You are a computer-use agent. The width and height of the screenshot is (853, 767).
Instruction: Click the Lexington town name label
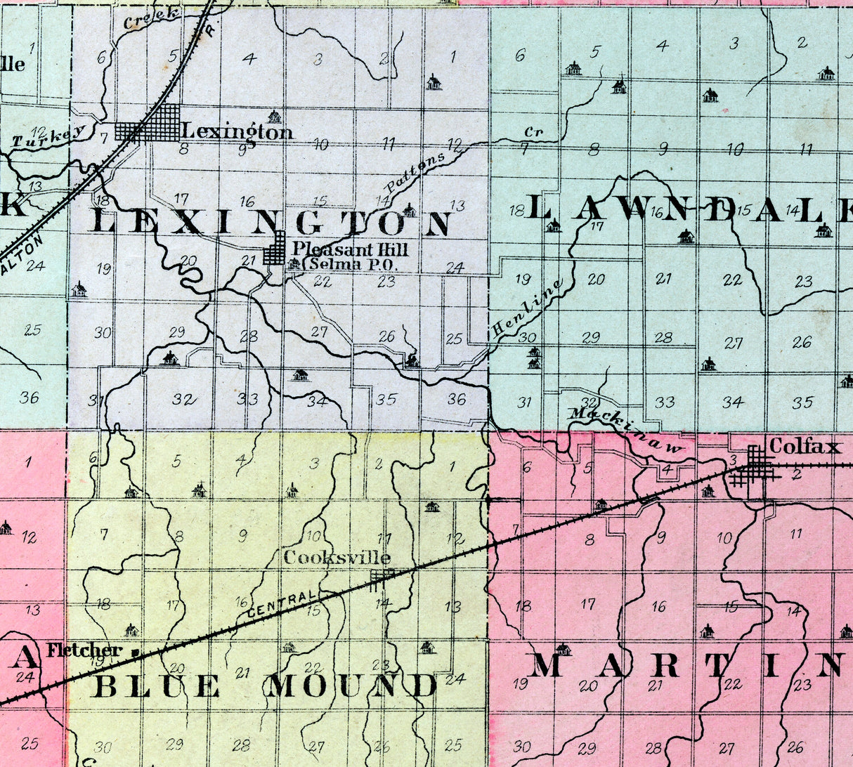pyautogui.click(x=237, y=131)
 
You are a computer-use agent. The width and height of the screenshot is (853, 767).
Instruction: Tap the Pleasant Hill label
pyautogui.click(x=349, y=249)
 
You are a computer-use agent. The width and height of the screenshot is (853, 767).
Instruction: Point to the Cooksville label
pyautogui.click(x=337, y=558)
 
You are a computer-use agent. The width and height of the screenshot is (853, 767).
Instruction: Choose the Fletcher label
pyautogui.click(x=84, y=650)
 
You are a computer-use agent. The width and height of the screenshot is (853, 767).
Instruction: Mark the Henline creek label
pyautogui.click(x=528, y=307)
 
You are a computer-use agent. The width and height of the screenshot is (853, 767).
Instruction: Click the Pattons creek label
pyautogui.click(x=415, y=173)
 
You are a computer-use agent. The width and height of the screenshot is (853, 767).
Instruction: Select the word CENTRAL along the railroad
pyautogui.click(x=278, y=604)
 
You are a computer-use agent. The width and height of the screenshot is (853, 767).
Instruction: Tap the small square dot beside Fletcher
pyautogui.click(x=134, y=653)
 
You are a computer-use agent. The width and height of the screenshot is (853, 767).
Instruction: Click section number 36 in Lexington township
pyautogui.click(x=456, y=399)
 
